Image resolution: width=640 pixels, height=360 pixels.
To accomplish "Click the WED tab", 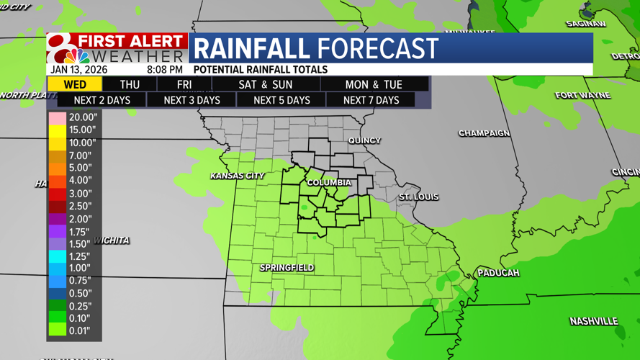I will (x=75, y=84).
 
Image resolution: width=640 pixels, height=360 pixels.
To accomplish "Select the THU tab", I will (x=130, y=84).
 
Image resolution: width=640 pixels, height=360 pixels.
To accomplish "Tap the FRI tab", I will (x=184, y=84).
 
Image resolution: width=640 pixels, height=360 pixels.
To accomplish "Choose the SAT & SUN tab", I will (x=266, y=84).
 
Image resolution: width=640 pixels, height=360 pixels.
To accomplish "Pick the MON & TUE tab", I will (x=374, y=84).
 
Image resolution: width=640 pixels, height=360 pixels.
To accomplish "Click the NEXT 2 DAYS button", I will (x=102, y=100).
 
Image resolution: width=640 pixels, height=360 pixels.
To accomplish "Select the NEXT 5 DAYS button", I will (x=281, y=100).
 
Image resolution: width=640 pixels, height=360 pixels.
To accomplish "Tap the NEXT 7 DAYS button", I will (x=371, y=100).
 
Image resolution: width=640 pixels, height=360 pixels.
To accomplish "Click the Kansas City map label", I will (x=237, y=176).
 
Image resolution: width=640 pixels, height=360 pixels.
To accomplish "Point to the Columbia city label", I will (x=329, y=183).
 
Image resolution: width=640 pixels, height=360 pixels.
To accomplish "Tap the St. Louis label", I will (x=418, y=197).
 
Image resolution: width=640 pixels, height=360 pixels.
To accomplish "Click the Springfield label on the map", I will (x=287, y=268).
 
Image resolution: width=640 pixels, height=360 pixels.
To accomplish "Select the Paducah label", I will (x=498, y=273).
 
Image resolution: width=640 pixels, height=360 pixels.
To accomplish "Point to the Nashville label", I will (x=593, y=321).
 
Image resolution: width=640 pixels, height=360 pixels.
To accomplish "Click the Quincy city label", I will (x=364, y=140).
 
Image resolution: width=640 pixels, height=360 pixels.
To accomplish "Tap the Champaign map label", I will (x=484, y=133).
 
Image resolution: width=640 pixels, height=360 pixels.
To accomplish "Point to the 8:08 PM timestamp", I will (x=164, y=70).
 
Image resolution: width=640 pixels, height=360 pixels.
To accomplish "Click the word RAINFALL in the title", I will (x=252, y=49).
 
